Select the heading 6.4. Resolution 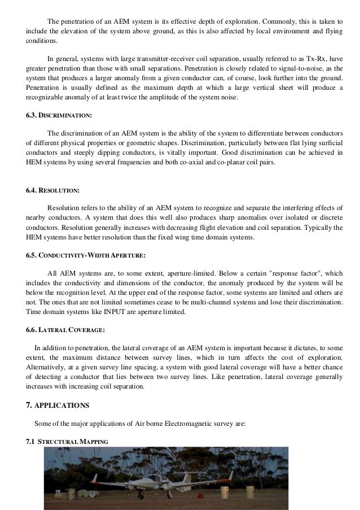coord(53,191)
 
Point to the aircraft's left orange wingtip coord(94,480)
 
